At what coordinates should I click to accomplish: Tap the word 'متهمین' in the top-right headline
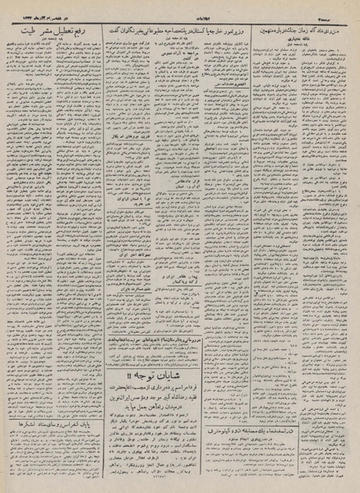pos(267,27)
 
